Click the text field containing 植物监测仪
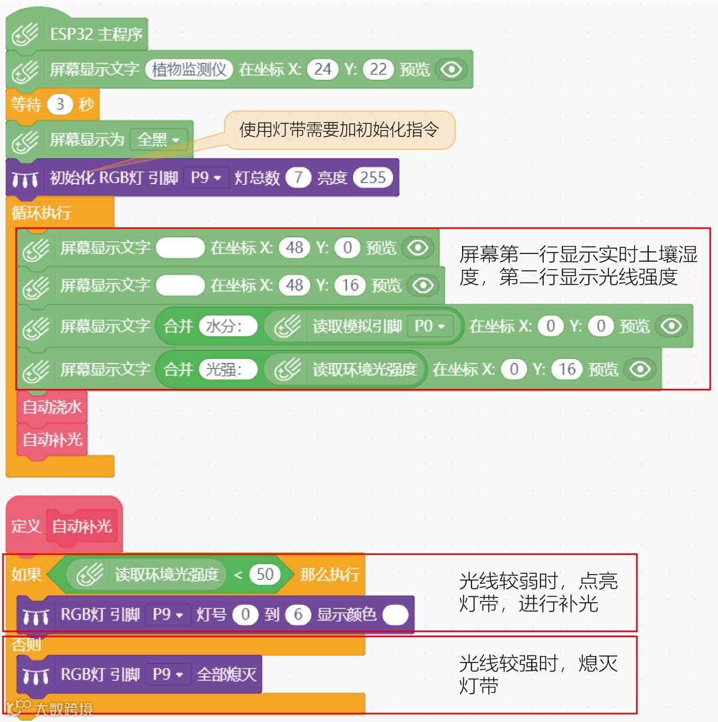[x=189, y=70]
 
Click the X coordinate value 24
[x=322, y=70]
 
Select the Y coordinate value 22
[x=378, y=70]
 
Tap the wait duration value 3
[x=60, y=105]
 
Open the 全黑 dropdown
[x=158, y=140]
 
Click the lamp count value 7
[x=298, y=178]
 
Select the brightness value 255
[x=373, y=178]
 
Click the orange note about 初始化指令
[x=339, y=130]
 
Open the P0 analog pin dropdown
[x=429, y=326]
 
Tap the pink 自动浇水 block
[x=52, y=407]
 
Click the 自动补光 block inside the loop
[x=52, y=439]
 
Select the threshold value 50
[x=265, y=574]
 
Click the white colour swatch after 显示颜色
[x=396, y=615]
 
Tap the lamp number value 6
[x=298, y=615]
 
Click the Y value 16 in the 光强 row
[x=567, y=370]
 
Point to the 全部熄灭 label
[x=227, y=675]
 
